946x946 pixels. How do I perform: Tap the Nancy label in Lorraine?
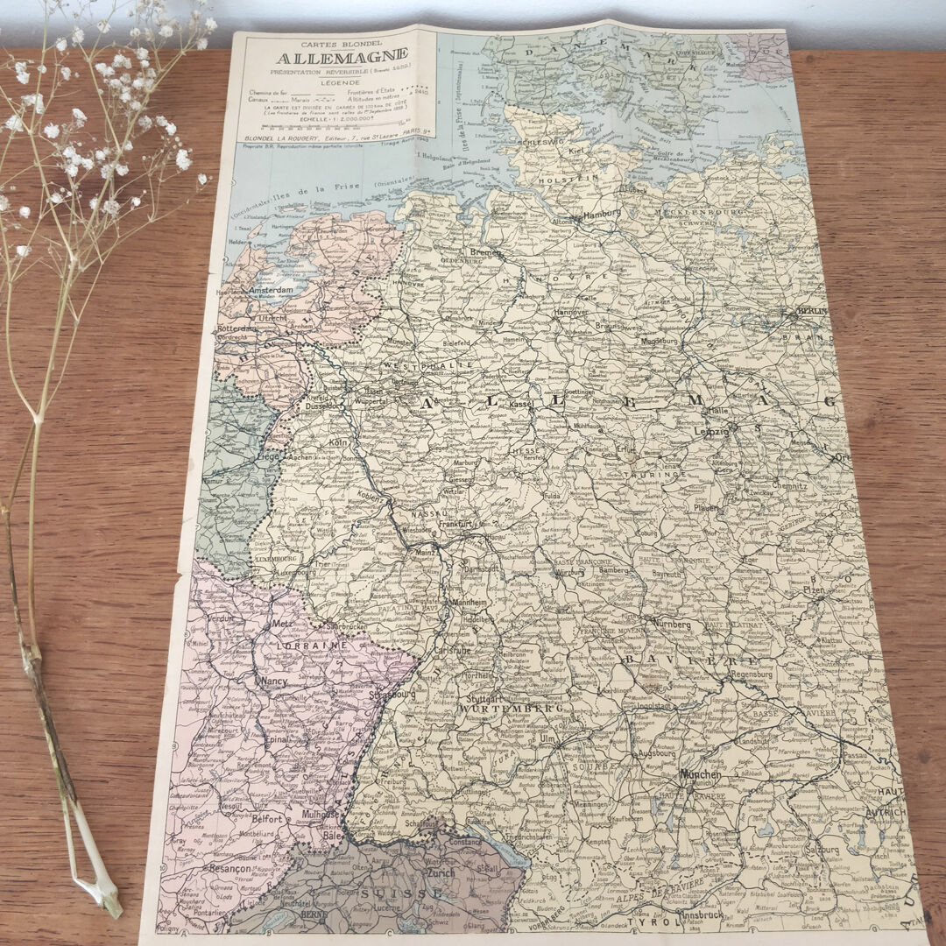[272, 680]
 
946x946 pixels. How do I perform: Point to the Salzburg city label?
[823, 849]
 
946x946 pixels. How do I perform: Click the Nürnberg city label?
[670, 625]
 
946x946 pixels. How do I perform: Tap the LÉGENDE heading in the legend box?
[333, 82]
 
